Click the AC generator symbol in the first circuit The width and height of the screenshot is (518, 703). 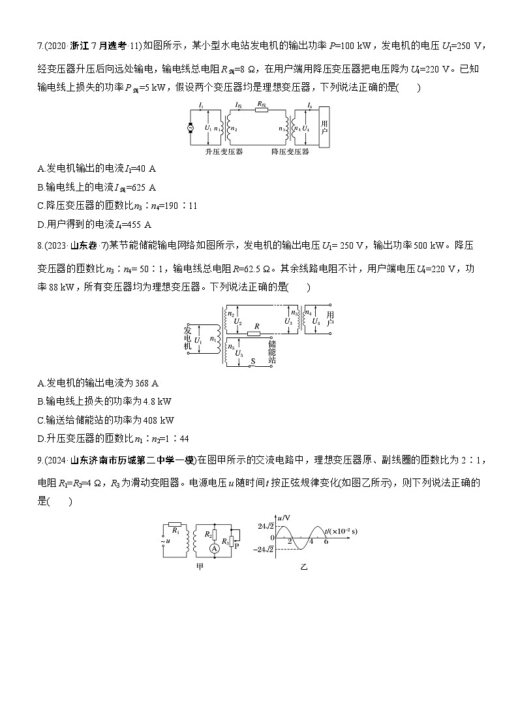[x=191, y=128]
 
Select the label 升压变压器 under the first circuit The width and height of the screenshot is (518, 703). [x=224, y=151]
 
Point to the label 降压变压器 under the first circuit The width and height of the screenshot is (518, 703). [x=290, y=151]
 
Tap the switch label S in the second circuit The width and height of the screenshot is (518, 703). [x=252, y=361]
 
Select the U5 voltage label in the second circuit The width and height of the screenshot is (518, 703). [x=239, y=353]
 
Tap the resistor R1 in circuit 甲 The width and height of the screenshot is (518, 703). [x=175, y=524]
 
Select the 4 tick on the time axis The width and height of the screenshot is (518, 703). [x=311, y=541]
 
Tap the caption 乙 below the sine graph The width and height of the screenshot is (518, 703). [x=303, y=567]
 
